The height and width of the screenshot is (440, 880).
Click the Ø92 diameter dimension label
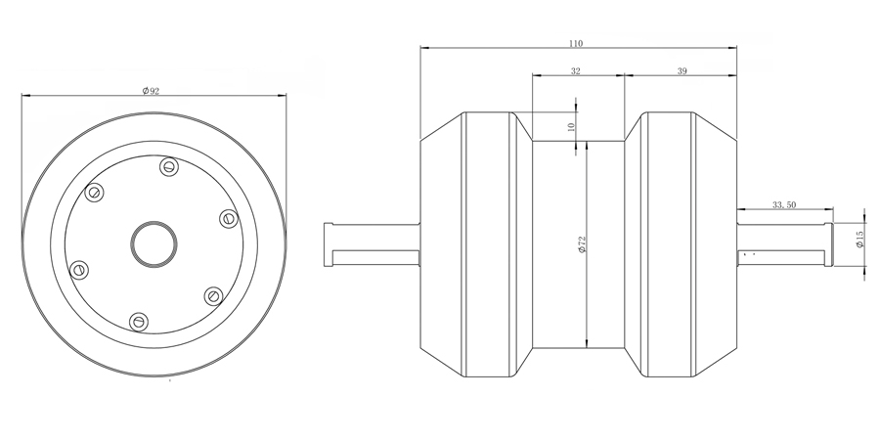151,91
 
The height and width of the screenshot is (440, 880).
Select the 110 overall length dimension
576,43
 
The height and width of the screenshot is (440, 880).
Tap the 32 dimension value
576,70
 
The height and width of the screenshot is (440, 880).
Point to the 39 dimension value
682,70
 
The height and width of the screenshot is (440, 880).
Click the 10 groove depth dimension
571,127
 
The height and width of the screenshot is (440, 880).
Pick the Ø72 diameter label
582,243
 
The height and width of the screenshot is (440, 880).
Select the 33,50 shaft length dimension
784,205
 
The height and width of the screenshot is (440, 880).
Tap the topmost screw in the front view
169,166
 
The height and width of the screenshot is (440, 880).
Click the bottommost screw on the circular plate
139,322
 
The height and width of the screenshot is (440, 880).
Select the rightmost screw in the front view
229,218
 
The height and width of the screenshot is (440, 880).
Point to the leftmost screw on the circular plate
79,270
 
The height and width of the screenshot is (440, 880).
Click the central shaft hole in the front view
154,244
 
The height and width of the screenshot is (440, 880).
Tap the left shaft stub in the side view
373,244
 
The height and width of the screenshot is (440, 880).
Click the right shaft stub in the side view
784,244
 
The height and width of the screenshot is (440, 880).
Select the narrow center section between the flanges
579,244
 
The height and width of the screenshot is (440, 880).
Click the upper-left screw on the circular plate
94,193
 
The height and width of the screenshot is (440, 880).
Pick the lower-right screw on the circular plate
213,295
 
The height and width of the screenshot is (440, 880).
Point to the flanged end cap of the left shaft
329,244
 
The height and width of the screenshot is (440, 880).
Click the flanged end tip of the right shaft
829,244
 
